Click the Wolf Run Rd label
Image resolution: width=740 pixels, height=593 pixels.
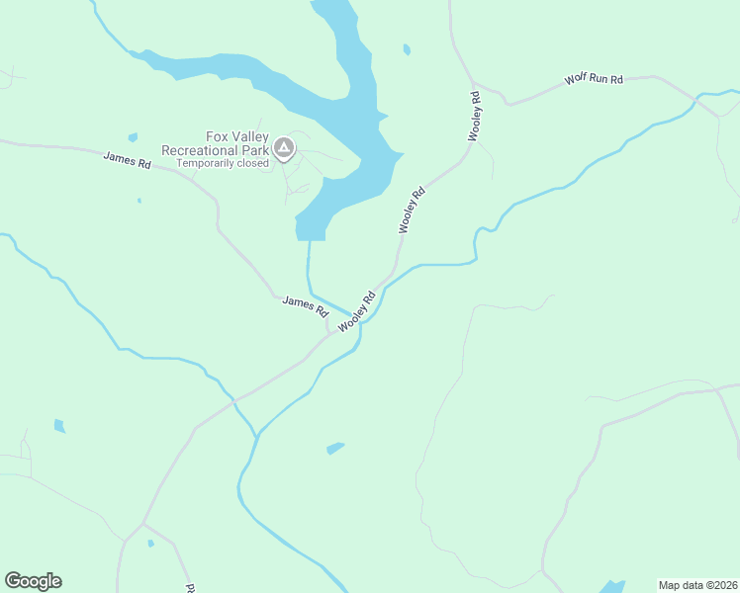[x=594, y=78]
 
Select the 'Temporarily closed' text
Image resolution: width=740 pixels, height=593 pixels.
[x=223, y=164]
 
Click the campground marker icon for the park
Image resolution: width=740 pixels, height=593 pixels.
[x=284, y=149]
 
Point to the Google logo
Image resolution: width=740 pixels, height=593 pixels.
[x=33, y=581]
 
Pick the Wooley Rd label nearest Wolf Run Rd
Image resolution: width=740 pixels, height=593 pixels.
[x=475, y=116]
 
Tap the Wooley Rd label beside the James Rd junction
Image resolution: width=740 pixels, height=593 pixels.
[x=356, y=312]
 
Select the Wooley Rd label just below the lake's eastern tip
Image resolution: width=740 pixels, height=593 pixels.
[x=412, y=210]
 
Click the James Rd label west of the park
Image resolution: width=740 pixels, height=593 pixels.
[x=127, y=159]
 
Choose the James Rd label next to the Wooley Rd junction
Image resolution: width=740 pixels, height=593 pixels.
[x=305, y=304]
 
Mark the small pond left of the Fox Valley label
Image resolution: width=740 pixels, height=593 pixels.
[x=133, y=137]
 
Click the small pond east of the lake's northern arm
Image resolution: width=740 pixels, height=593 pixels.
[x=407, y=49]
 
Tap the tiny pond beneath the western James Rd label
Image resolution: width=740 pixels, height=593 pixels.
[x=139, y=201]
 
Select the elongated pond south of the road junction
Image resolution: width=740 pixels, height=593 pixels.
[x=335, y=449]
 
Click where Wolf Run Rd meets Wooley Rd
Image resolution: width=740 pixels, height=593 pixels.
[x=475, y=83]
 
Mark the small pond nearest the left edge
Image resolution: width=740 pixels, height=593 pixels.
[x=59, y=426]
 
